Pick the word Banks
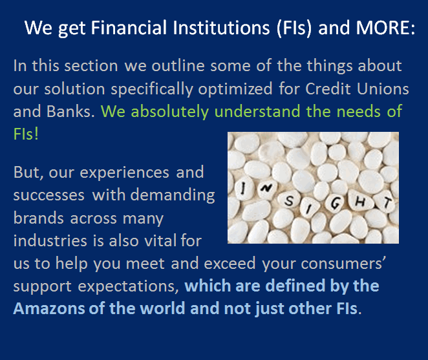[x=70, y=111]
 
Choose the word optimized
[x=235, y=90]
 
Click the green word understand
[x=257, y=111]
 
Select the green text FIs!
[x=26, y=134]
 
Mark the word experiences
[x=125, y=173]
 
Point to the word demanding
[x=173, y=196]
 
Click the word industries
[x=50, y=240]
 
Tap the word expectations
[x=128, y=287]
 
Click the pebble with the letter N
[x=266, y=188]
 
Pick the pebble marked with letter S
[x=290, y=202]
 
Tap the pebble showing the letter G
[x=335, y=204]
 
